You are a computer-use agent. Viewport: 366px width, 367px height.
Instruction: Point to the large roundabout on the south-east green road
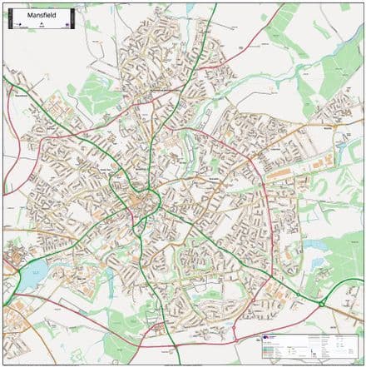coord(320,305)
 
